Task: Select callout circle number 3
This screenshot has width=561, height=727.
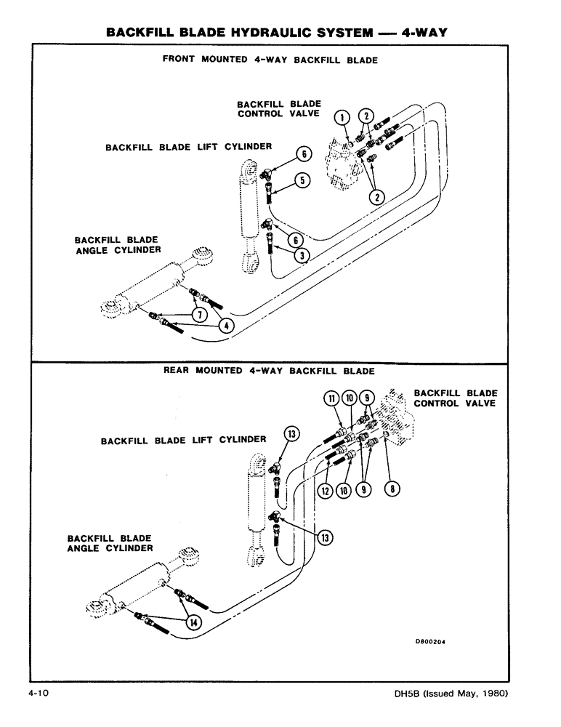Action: point(302,256)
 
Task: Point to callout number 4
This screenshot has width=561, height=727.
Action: point(226,326)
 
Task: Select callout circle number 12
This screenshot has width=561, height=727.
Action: point(325,491)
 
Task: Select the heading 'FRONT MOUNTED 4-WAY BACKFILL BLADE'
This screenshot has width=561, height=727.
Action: point(270,60)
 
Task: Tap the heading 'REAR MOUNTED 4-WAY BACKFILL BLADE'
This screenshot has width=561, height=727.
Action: point(269,371)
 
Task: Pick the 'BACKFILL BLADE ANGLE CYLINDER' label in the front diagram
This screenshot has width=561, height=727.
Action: point(117,245)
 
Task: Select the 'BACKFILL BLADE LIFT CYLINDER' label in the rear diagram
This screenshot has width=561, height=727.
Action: point(183,440)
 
